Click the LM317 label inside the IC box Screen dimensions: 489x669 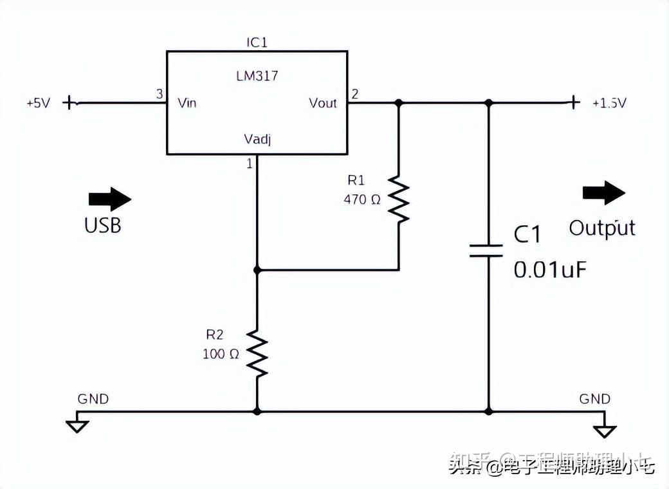click(257, 76)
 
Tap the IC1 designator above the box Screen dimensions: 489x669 click(257, 42)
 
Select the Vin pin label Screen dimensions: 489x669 click(187, 103)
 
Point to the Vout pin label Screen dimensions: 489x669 click(323, 103)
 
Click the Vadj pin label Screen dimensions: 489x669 click(257, 139)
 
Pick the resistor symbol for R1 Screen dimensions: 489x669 click(399, 201)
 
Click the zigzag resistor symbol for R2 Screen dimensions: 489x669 click(257, 354)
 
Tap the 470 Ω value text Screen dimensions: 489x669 click(362, 199)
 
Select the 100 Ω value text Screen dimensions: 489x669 click(221, 354)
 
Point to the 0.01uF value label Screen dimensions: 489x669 click(550, 269)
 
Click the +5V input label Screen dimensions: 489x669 click(38, 103)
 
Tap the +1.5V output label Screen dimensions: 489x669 click(609, 103)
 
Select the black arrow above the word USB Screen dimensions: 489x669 click(109, 199)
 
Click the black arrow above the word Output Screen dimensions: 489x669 click(603, 193)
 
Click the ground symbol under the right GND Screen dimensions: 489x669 click(605, 430)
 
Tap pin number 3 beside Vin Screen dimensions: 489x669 click(160, 94)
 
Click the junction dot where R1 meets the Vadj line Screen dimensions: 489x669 click(257, 270)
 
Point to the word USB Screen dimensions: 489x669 click(103, 226)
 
